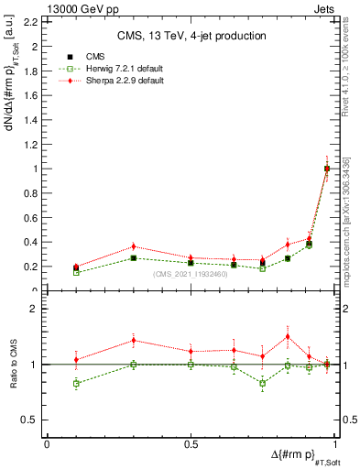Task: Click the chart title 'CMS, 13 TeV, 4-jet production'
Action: tap(191, 36)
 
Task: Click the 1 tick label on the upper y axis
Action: tap(34, 169)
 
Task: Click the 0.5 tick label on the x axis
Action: tap(191, 444)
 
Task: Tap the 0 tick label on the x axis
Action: tap(47, 444)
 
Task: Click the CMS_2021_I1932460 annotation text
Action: tap(191, 274)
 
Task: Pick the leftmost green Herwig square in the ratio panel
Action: tap(76, 383)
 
